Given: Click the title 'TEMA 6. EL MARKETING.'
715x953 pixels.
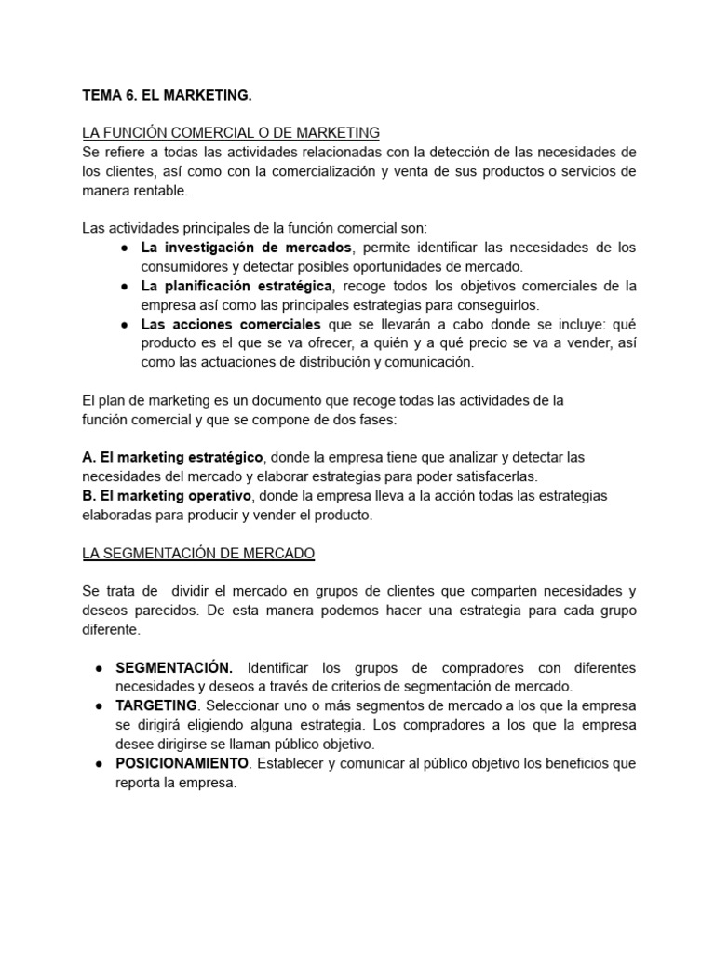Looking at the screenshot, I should click(167, 95).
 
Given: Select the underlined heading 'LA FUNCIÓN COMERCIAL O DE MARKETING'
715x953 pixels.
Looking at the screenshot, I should click(231, 133).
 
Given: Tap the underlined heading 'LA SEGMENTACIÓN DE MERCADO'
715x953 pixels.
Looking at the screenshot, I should click(198, 553).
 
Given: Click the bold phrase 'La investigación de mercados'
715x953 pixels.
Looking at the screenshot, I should click(247, 248).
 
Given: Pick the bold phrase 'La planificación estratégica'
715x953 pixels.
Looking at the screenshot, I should click(236, 286).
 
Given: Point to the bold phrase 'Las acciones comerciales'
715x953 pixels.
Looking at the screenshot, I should click(230, 324).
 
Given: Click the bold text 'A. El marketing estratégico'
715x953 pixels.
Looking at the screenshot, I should click(173, 457).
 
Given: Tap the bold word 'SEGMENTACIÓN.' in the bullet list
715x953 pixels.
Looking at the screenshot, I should click(174, 667).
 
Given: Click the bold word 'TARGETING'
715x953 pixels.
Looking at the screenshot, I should click(156, 705).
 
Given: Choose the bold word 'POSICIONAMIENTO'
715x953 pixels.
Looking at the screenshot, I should click(182, 763).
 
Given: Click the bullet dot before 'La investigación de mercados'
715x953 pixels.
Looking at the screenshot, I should click(124, 248).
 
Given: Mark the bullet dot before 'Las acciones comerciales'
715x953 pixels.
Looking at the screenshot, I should click(124, 325).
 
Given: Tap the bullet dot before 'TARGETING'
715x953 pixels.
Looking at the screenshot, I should click(99, 706).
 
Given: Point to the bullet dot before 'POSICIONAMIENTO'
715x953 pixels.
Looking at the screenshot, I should click(99, 764).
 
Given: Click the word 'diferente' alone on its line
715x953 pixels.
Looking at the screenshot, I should click(110, 629).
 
